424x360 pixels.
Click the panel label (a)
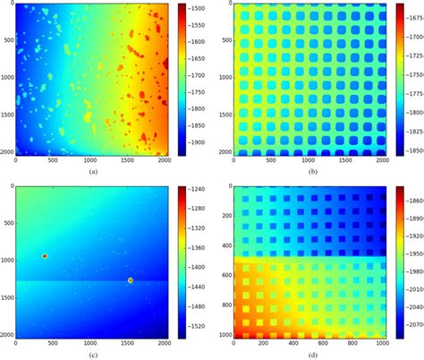[93, 170]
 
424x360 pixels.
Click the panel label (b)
[307, 170]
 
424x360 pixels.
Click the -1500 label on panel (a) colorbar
[202, 7]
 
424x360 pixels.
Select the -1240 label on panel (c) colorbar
[202, 190]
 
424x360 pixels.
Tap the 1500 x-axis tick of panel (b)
[344, 162]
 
